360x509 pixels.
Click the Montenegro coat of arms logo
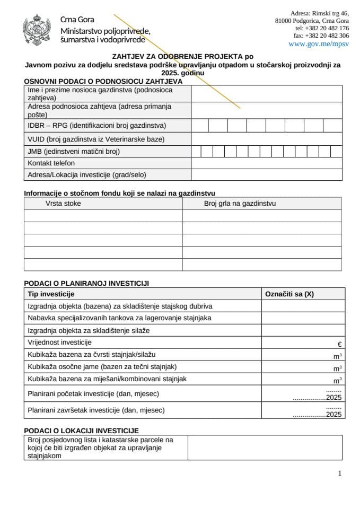click(x=37, y=30)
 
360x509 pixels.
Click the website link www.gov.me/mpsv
click(x=319, y=44)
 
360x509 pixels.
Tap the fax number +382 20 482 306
click(x=321, y=36)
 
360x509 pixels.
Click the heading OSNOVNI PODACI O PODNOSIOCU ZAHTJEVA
click(x=103, y=81)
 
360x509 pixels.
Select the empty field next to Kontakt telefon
click(x=266, y=163)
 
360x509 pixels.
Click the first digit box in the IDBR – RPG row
click(x=199, y=126)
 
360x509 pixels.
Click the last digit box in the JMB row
click(x=336, y=151)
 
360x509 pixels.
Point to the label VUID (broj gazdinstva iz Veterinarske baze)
click(x=96, y=139)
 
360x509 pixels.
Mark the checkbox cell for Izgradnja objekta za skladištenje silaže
click(x=303, y=330)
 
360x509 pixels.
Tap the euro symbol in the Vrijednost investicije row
click(x=339, y=344)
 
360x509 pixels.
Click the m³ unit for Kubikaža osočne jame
click(x=337, y=368)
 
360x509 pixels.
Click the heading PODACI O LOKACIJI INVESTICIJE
click(x=81, y=431)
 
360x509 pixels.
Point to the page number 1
click(x=339, y=473)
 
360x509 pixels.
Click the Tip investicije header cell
click(x=51, y=294)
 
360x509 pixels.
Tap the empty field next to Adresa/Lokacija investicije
click(x=266, y=175)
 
